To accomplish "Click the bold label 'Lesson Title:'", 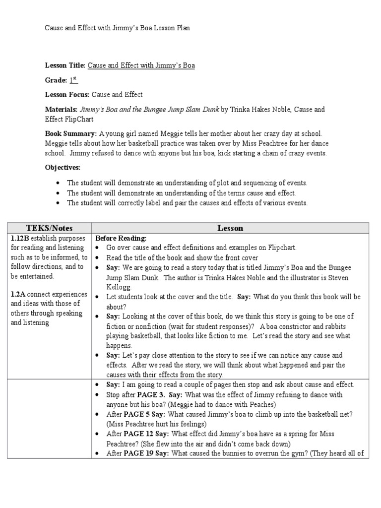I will (x=65, y=65).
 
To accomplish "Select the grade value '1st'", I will (x=73, y=80).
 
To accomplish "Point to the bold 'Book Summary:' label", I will (x=71, y=134).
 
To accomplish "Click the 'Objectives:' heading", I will (x=63, y=168).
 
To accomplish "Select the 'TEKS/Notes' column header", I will (x=49, y=228).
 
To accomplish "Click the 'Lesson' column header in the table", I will (x=230, y=228).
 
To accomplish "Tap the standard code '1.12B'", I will (x=21, y=238).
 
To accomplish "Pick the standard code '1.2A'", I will (x=19, y=294).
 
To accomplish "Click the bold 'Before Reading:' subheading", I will (x=121, y=238).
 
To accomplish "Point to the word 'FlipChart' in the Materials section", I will (x=78, y=120).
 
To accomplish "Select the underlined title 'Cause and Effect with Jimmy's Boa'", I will (x=141, y=65).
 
